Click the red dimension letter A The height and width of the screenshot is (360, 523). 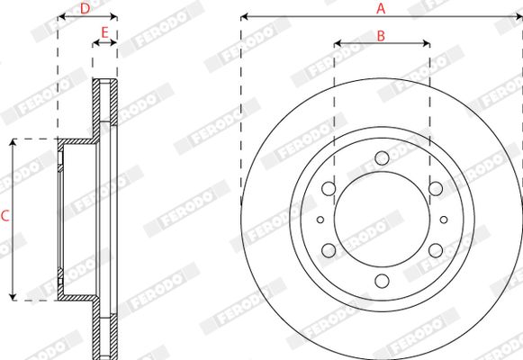pyautogui.click(x=381, y=9)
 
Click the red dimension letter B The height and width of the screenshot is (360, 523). pyautogui.click(x=381, y=36)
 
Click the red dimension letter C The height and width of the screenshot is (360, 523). pyautogui.click(x=5, y=216)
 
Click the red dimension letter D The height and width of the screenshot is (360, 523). pyautogui.click(x=85, y=9)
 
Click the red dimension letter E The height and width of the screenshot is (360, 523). pyautogui.click(x=104, y=33)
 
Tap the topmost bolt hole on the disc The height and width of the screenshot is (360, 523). pyautogui.click(x=382, y=158)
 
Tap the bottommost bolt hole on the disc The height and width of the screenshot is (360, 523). pyautogui.click(x=382, y=281)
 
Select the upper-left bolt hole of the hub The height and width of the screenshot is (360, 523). pyautogui.click(x=329, y=189)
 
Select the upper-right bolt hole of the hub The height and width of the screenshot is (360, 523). pyautogui.click(x=436, y=189)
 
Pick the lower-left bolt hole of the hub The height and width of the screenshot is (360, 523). pyautogui.click(x=329, y=250)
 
